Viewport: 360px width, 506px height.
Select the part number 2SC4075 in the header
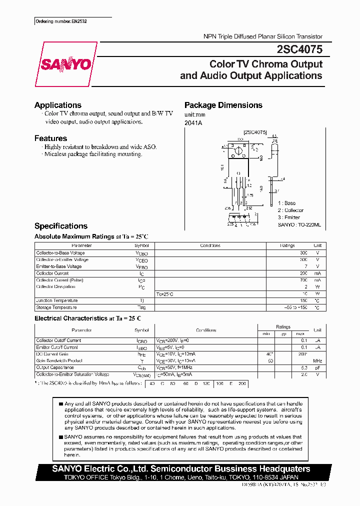(x=299, y=49)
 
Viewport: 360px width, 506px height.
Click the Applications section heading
(x=58, y=105)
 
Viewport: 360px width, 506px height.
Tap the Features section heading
(x=50, y=138)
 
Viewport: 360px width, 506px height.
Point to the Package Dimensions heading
(x=223, y=105)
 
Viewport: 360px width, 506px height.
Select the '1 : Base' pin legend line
(x=287, y=203)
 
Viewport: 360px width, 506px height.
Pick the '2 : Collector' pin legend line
(x=290, y=210)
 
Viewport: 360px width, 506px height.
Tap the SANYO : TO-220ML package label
(x=299, y=225)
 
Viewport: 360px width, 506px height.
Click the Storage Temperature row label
(x=56, y=307)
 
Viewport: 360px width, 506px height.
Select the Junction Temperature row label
(x=57, y=300)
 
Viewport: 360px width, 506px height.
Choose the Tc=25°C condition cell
(x=165, y=294)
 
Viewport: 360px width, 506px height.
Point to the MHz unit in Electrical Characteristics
(x=317, y=360)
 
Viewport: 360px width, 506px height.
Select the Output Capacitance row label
(x=55, y=367)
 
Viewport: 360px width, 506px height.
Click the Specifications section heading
(x=61, y=226)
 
